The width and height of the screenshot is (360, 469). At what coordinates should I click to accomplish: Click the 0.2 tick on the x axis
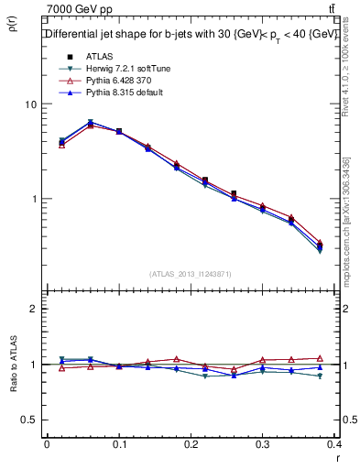[191, 444]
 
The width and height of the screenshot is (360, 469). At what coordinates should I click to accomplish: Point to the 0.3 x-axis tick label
[264, 444]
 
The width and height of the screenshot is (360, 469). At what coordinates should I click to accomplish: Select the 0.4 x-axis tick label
[333, 444]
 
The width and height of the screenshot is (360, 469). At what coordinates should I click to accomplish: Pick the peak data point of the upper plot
[91, 123]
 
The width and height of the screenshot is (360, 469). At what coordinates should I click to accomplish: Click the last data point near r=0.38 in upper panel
[320, 245]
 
